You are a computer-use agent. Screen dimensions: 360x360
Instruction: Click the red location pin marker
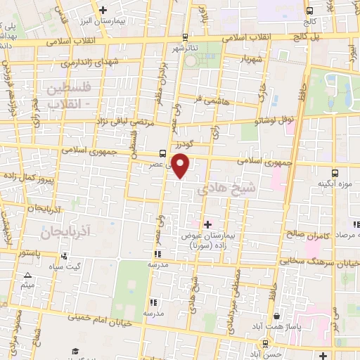[x=181, y=167]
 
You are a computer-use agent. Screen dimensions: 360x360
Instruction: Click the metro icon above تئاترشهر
[x=184, y=37]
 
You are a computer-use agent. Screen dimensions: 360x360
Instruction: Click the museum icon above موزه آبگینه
[x=335, y=172]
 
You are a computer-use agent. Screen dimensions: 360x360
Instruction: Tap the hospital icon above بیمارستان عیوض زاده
[x=206, y=224]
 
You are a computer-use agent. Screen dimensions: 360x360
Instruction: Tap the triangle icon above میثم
[x=27, y=275]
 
